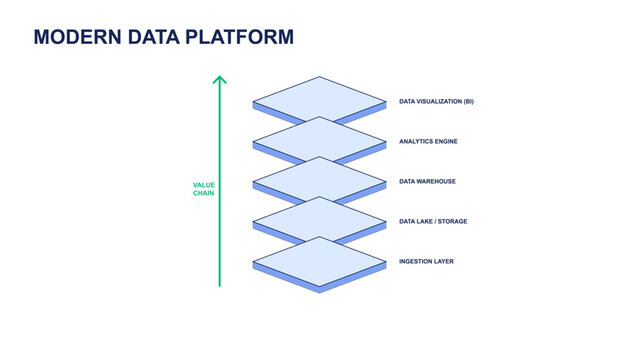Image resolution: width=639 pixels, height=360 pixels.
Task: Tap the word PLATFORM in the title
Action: [x=245, y=37]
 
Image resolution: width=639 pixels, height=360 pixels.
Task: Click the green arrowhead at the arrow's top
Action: [x=220, y=78]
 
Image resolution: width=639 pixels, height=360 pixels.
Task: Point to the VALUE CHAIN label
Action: [x=204, y=188]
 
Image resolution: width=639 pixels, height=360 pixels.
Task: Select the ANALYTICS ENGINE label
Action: [x=428, y=141]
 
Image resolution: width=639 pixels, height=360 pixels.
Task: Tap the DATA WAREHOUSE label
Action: [x=427, y=181]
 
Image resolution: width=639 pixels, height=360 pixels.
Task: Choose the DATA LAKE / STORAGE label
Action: [x=433, y=221]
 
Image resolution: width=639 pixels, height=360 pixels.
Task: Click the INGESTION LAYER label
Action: [x=426, y=261]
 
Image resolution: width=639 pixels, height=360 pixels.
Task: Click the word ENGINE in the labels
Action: [x=445, y=141]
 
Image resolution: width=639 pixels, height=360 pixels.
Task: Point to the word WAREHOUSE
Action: [x=436, y=181]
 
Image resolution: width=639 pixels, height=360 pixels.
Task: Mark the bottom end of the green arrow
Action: [x=220, y=285]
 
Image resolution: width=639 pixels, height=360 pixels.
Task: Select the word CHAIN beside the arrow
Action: [x=204, y=193]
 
